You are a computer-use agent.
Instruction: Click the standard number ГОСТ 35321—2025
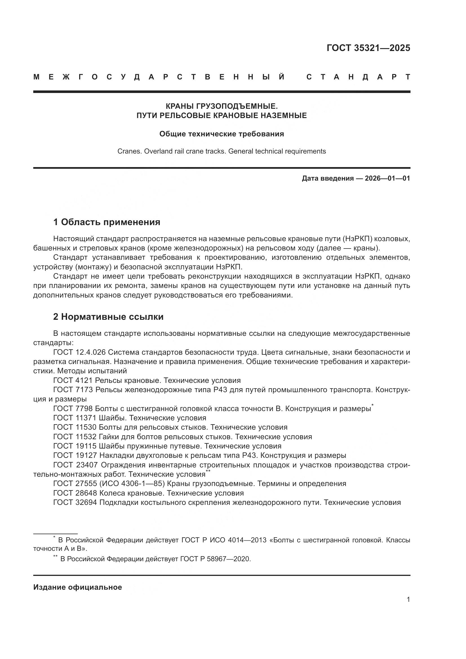point(368,48)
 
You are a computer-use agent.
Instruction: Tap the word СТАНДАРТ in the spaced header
point(358,77)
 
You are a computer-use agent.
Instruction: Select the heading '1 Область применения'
point(106,222)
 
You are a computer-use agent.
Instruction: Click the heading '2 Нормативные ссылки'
point(108,317)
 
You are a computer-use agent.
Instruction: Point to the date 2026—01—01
point(387,178)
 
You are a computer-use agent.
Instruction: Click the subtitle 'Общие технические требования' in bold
point(221,134)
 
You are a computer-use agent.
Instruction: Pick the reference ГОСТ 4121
point(73,380)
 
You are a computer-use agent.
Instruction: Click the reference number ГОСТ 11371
point(75,418)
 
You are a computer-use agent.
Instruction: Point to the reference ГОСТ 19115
point(75,446)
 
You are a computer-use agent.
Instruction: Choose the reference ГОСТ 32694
point(75,502)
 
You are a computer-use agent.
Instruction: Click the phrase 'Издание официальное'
point(77,587)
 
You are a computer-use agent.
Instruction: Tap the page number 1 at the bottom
point(408,599)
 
